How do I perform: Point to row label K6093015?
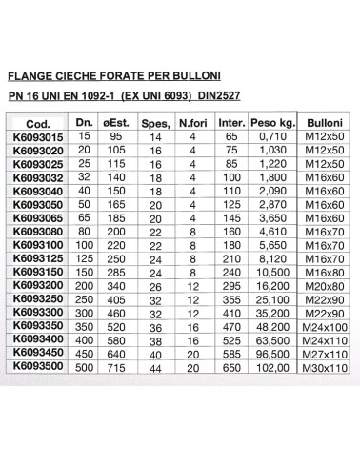39,138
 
